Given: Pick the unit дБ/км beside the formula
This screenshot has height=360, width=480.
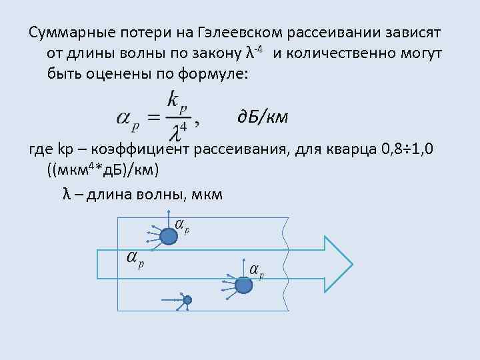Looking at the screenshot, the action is coord(263,118).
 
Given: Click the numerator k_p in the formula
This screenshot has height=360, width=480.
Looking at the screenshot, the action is coord(178,102).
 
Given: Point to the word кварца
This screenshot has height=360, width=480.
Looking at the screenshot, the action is coord(351,149).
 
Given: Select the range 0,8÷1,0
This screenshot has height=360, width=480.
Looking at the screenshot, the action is coord(410,149).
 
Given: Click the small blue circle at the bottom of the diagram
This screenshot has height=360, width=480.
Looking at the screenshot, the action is coord(187,300).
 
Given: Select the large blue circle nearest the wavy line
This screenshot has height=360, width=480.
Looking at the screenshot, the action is coord(244,285).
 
